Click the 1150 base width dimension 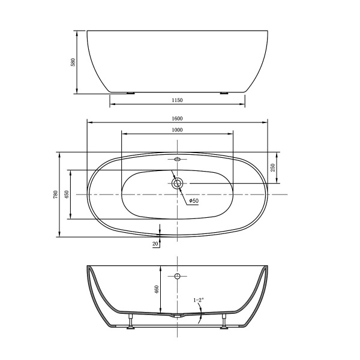click(x=177, y=100)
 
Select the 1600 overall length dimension click(x=177, y=118)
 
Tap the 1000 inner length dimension click(x=177, y=130)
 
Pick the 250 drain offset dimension click(x=272, y=167)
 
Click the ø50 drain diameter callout click(x=194, y=200)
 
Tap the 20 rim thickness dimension click(x=155, y=244)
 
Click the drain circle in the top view click(x=177, y=183)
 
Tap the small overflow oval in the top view click(x=177, y=160)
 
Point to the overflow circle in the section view click(x=177, y=276)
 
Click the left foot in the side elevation click(x=130, y=93)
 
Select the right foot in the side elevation click(x=225, y=93)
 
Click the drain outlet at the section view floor click(x=176, y=315)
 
